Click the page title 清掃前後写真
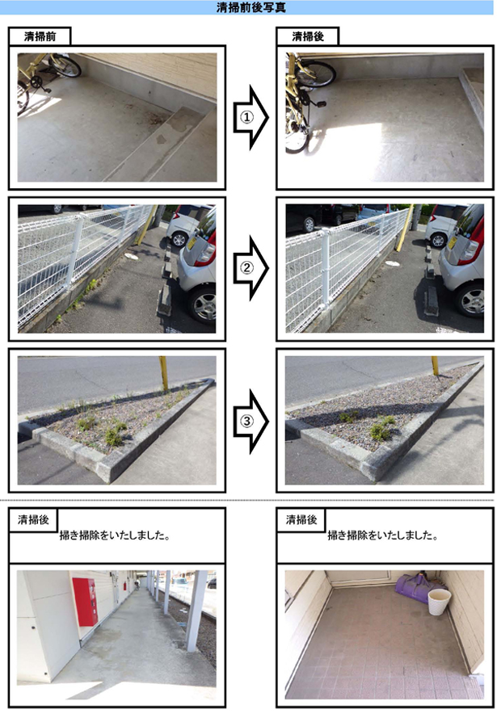click(x=251, y=8)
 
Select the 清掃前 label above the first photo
click(x=40, y=36)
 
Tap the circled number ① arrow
click(x=250, y=117)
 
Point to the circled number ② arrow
click(x=250, y=268)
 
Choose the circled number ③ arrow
click(x=250, y=422)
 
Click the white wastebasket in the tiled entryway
click(x=439, y=601)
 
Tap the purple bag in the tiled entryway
click(x=418, y=589)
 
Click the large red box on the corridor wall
click(x=85, y=601)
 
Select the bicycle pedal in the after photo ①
click(x=321, y=104)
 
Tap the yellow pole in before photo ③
click(x=163, y=373)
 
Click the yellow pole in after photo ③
click(x=435, y=366)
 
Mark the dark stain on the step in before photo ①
click(x=162, y=139)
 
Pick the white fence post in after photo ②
click(x=325, y=268)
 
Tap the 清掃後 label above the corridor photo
click(x=33, y=519)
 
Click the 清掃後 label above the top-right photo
click(x=308, y=36)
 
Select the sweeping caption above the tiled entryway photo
click(x=382, y=535)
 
